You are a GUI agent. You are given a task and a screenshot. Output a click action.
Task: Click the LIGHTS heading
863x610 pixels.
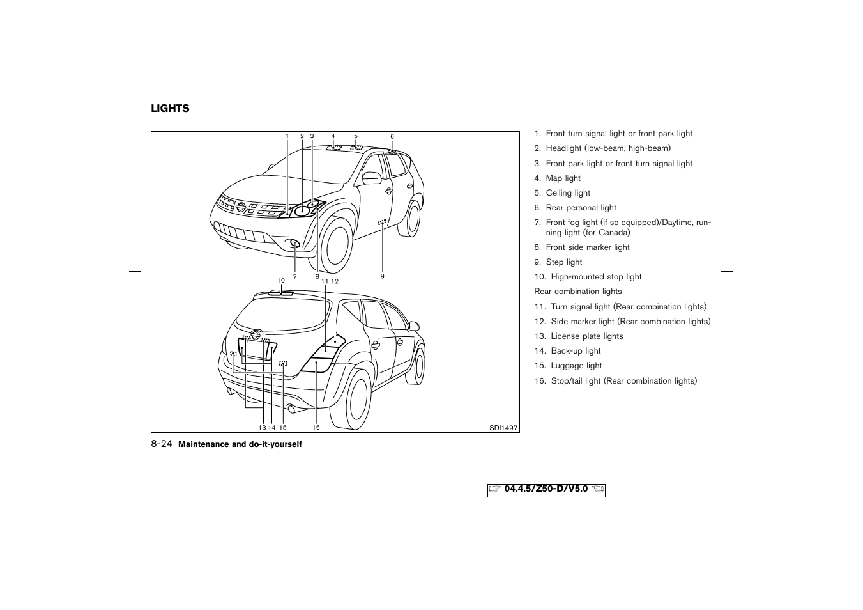point(170,109)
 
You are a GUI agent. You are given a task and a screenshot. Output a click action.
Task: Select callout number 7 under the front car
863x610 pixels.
point(295,277)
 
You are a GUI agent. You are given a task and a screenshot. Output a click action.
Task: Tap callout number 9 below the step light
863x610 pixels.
point(383,276)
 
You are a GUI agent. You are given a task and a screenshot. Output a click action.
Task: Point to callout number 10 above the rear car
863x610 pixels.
point(280,281)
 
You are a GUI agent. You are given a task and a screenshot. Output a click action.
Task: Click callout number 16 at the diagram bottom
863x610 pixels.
point(316,427)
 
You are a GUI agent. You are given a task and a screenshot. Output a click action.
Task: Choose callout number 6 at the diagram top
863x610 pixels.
point(392,136)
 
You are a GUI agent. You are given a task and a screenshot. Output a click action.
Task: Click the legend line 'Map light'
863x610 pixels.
point(563,178)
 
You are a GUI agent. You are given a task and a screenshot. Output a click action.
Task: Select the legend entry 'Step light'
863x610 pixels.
point(563,262)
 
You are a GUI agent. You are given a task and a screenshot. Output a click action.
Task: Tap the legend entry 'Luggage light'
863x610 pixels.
point(576,366)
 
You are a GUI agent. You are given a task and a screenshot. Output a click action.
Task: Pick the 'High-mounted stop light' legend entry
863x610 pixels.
point(595,277)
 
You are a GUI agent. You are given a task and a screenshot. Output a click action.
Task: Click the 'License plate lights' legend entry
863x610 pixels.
point(586,336)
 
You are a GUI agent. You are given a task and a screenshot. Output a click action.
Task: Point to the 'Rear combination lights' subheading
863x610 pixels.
point(578,292)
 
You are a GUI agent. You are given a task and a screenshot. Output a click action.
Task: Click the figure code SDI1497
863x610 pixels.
point(504,428)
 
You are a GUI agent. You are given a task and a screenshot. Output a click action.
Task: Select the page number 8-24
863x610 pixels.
point(162,444)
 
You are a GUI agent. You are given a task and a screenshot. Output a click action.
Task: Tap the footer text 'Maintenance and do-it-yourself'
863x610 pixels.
point(240,444)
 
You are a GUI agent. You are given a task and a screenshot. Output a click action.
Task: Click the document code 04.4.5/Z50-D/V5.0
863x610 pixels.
point(546,490)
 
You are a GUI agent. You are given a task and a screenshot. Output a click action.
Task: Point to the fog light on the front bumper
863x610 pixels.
point(294,244)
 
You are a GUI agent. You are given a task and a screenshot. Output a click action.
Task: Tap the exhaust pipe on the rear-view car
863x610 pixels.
point(291,407)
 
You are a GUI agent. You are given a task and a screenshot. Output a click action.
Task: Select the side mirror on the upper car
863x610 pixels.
point(371,177)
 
